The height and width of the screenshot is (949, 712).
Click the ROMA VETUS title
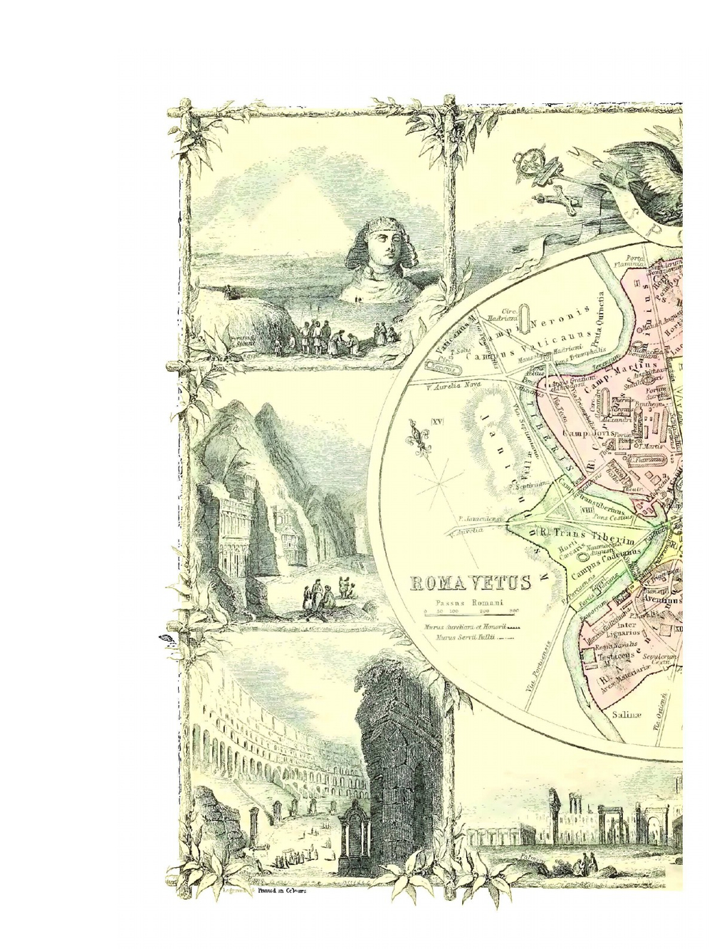click(471, 584)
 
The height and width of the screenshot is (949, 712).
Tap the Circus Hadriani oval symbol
click(524, 318)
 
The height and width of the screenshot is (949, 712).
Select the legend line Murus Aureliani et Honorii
click(470, 626)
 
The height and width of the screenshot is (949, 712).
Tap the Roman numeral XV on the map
click(436, 422)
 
